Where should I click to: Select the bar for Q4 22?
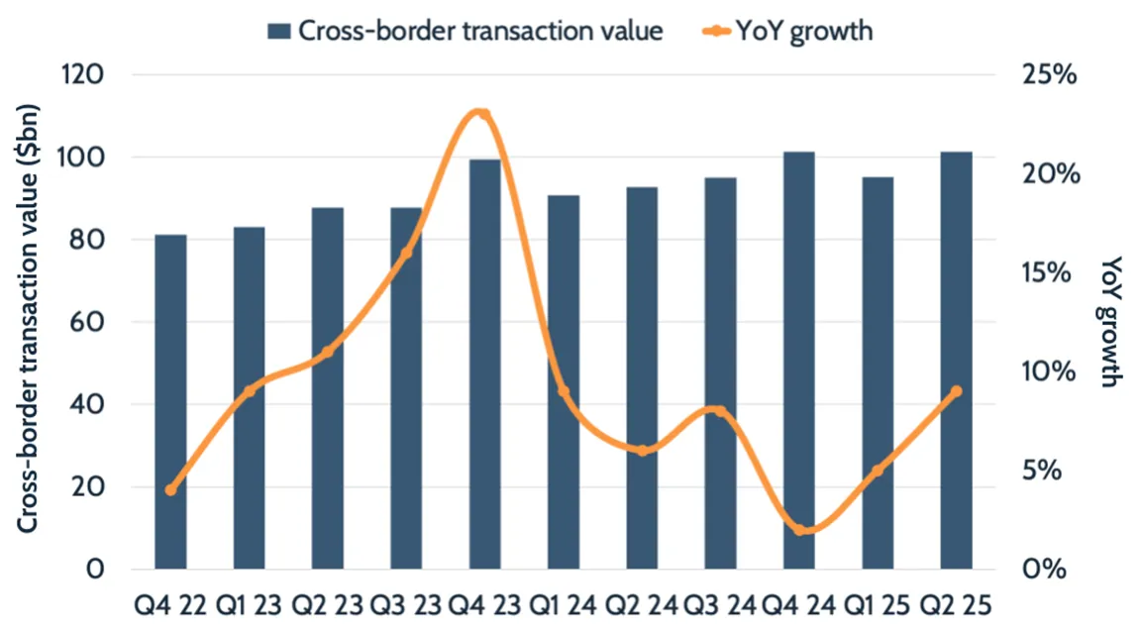[x=170, y=401]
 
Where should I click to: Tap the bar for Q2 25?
[x=956, y=361]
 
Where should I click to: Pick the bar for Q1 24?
[x=564, y=381]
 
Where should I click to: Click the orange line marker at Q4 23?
[x=483, y=113]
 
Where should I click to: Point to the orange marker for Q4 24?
[x=798, y=530]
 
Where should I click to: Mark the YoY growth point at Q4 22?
[x=170, y=489]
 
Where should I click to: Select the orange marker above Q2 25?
[x=956, y=391]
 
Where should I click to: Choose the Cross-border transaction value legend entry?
[x=465, y=31]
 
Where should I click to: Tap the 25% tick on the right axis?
[x=1046, y=75]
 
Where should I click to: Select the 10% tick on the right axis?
[x=1046, y=371]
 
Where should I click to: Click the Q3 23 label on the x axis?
[x=406, y=603]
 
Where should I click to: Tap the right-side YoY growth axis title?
[x=1112, y=322]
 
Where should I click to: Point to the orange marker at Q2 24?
[x=642, y=450]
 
